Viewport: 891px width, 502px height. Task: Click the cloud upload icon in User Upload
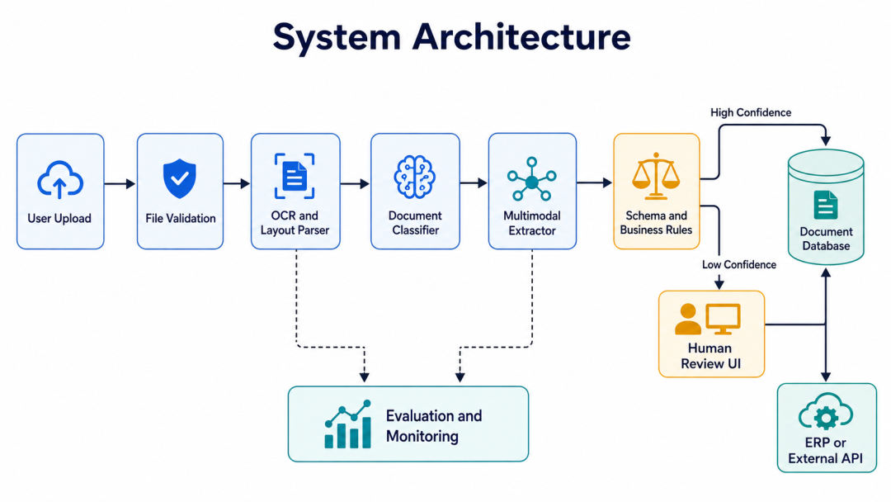(60, 180)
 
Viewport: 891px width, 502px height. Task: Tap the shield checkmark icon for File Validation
(180, 178)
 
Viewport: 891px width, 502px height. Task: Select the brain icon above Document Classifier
(415, 177)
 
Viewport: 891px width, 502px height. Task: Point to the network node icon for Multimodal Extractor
(532, 179)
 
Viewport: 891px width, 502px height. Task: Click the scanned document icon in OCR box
(295, 176)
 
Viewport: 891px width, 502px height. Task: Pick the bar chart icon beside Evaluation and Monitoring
(348, 424)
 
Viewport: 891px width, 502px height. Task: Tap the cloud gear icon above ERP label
(826, 412)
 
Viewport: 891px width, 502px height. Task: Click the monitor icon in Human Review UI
(723, 319)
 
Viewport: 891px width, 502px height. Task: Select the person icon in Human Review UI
(687, 319)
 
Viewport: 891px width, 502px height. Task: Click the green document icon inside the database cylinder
(826, 205)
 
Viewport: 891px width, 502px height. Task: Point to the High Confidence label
(751, 112)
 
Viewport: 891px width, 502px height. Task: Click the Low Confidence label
(738, 264)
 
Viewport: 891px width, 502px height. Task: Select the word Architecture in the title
(521, 37)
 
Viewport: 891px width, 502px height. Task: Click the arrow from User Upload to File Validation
(120, 183)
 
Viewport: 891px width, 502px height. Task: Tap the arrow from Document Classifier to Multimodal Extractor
(474, 183)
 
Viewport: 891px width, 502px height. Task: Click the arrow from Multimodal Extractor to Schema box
(594, 182)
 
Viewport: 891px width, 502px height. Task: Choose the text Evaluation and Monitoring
(434, 426)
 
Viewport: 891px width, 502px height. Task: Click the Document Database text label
(826, 239)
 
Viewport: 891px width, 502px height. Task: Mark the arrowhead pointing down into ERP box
(826, 376)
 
